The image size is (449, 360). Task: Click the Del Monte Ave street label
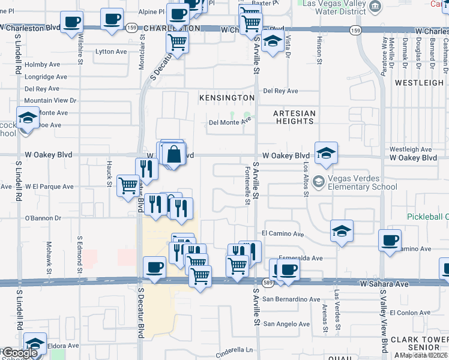pyautogui.click(x=229, y=122)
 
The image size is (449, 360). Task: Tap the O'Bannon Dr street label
pyautogui.click(x=41, y=218)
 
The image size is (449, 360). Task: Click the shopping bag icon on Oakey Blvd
pyautogui.click(x=173, y=154)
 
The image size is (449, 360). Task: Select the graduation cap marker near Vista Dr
pyautogui.click(x=273, y=42)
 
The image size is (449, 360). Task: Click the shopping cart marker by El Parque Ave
pyautogui.click(x=128, y=185)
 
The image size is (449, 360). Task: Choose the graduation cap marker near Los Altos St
pyautogui.click(x=326, y=154)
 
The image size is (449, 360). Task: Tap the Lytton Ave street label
pyautogui.click(x=111, y=52)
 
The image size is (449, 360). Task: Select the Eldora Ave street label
pyautogui.click(x=64, y=346)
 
